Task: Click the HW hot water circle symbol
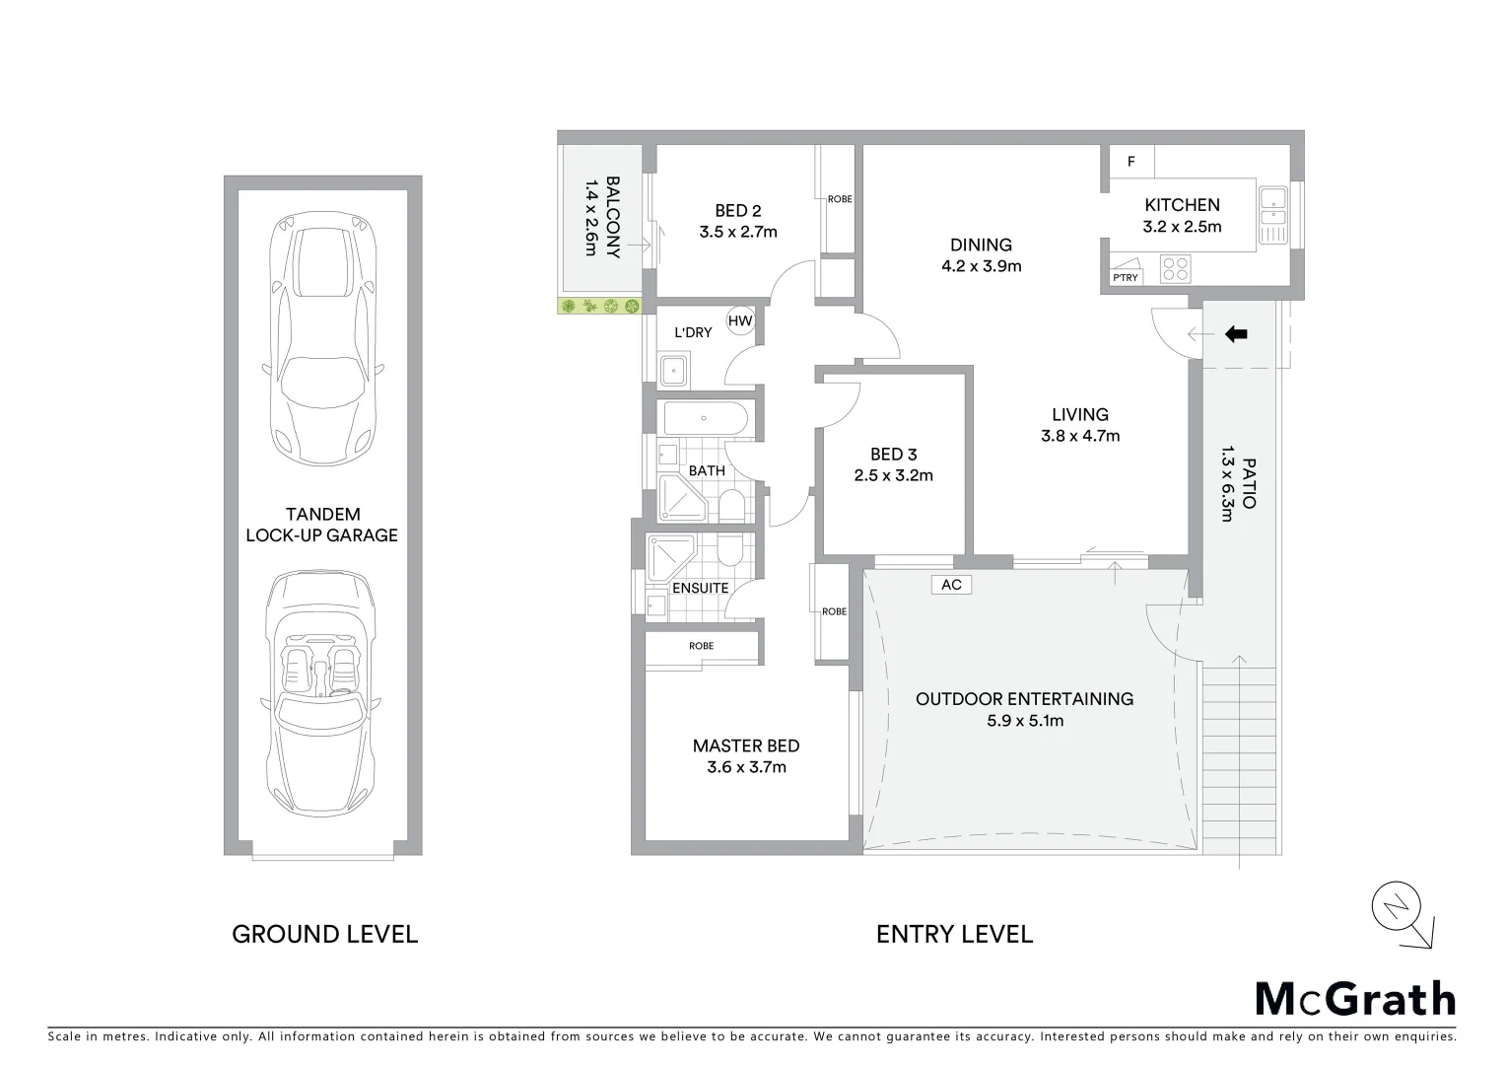pyautogui.click(x=740, y=320)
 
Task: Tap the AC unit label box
pyautogui.click(x=951, y=585)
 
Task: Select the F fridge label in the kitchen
pyautogui.click(x=1131, y=162)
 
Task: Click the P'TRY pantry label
pyautogui.click(x=1125, y=277)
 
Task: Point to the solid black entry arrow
pyautogui.click(x=1236, y=334)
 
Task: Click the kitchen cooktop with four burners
pyautogui.click(x=1175, y=268)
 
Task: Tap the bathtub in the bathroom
pyautogui.click(x=706, y=418)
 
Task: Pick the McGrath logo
pyautogui.click(x=1354, y=999)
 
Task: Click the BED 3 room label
pyautogui.click(x=893, y=455)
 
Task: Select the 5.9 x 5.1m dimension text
pyautogui.click(x=1025, y=721)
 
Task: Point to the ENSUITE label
pyautogui.click(x=700, y=589)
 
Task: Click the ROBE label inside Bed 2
pyautogui.click(x=840, y=199)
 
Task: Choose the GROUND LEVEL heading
pyautogui.click(x=324, y=934)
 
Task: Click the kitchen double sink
pyautogui.click(x=1272, y=214)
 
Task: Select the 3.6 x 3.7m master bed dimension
pyautogui.click(x=746, y=767)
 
